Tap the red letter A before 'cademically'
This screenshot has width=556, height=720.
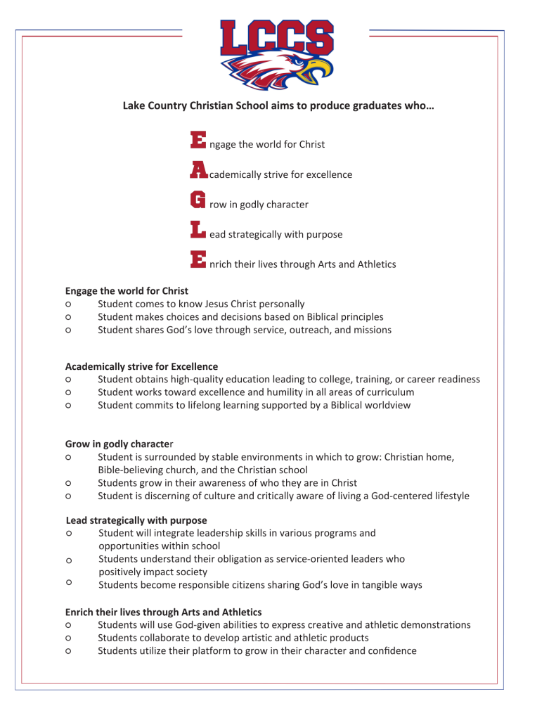coord(199,169)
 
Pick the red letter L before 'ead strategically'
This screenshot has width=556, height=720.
coord(198,229)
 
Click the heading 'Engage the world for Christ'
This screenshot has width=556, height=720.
coord(127,290)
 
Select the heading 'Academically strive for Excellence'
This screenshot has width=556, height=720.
coord(141,366)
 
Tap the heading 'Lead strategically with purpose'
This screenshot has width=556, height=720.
coord(136,520)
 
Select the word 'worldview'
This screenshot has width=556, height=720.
coord(387,405)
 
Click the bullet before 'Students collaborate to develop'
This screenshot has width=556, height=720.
coord(68,638)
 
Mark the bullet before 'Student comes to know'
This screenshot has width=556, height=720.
coord(68,304)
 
